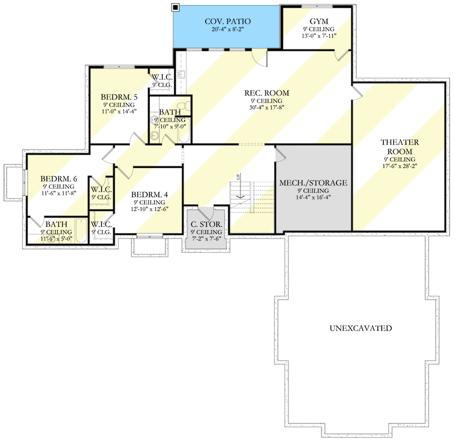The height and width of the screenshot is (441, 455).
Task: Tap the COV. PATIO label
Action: point(225,22)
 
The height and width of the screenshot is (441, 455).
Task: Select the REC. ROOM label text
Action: point(267,93)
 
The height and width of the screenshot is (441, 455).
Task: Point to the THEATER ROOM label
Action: point(400,146)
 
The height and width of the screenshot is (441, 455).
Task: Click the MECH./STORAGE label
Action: point(313,182)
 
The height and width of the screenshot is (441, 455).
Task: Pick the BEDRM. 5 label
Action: point(119,97)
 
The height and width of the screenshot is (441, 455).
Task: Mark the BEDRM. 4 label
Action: point(149,195)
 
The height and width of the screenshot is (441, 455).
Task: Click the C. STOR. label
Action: point(207,224)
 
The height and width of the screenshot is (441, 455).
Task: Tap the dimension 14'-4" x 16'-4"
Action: point(313,197)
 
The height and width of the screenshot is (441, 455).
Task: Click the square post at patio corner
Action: point(175,7)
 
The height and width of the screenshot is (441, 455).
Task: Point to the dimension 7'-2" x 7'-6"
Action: point(207,238)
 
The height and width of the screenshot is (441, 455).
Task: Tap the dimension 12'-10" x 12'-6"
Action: point(149,209)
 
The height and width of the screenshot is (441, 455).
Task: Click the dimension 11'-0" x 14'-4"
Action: point(119,111)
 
